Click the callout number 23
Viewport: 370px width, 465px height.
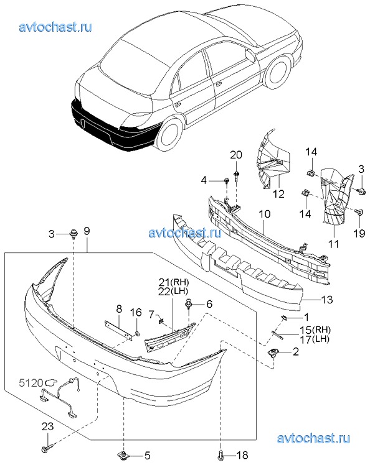47,426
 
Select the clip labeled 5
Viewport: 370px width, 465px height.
123,454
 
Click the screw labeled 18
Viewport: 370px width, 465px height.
221,454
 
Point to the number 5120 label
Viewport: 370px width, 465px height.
31,383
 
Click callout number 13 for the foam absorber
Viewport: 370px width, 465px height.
327,300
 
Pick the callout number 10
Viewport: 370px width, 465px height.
265,214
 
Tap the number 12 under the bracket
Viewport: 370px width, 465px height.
278,194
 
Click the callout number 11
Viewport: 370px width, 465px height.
333,244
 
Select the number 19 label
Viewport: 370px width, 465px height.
359,233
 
